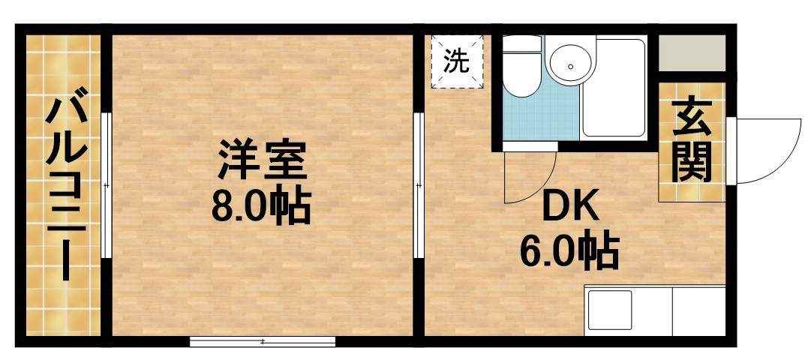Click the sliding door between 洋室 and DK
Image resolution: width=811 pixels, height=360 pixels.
pos(418,184)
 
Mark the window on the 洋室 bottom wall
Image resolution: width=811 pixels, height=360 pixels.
pos(262,342)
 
